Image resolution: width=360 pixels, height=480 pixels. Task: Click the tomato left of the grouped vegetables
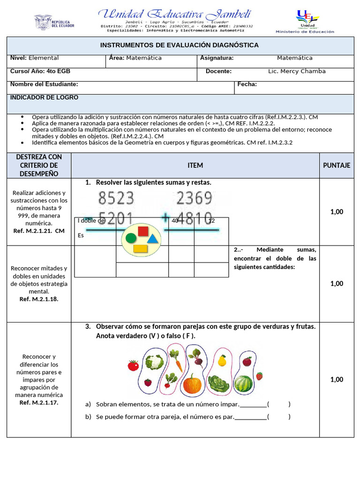(133, 365)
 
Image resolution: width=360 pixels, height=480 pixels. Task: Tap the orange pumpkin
(192, 384)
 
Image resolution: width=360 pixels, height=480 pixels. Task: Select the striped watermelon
(243, 384)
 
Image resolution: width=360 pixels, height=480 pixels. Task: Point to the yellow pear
(222, 360)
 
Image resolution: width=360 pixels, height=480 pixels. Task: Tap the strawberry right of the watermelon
(259, 375)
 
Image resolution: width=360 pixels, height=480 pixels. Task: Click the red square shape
(143, 231)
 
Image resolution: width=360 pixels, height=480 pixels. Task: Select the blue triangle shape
(152, 239)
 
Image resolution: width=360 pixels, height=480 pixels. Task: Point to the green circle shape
(131, 238)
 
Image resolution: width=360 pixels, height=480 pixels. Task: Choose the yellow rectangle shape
(141, 248)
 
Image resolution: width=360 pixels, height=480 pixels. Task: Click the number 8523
(116, 199)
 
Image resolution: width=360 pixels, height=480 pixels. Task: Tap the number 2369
(195, 199)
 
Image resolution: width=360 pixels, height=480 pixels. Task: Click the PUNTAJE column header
(337, 165)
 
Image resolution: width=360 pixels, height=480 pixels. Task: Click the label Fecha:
(247, 84)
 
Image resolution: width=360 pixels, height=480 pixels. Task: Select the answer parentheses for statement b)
(279, 417)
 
